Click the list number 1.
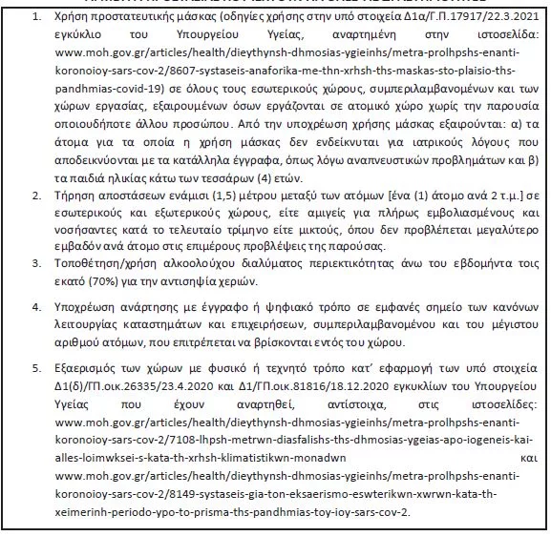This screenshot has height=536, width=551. (34, 18)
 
